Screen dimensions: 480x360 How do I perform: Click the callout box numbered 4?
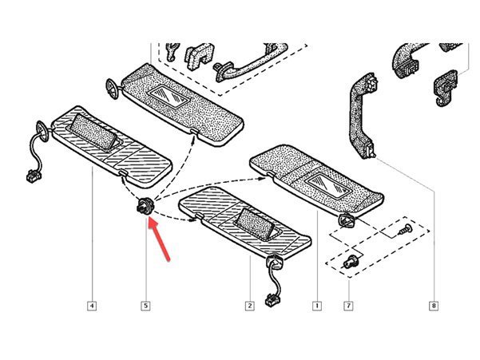click(92, 306)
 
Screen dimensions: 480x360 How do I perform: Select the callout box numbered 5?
click(145, 306)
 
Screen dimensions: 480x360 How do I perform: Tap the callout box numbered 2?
click(249, 306)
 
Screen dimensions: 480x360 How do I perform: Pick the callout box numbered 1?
click(317, 306)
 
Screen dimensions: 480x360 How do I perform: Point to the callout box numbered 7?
click(348, 306)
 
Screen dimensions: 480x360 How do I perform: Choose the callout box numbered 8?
click(434, 306)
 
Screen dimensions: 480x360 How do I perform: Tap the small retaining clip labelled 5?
click(145, 205)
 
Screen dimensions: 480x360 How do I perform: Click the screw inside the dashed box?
click(405, 229)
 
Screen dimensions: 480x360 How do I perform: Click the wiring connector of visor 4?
click(33, 176)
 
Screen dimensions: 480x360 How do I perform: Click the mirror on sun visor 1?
click(328, 184)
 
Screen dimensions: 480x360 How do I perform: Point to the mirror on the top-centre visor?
click(169, 97)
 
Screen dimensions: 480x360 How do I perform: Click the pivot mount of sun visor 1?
click(347, 220)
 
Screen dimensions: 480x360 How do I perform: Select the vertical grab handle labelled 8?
click(363, 116)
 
